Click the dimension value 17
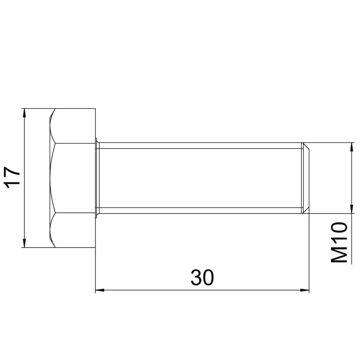(x=12, y=178)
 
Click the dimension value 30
(x=202, y=277)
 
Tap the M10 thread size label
(x=339, y=242)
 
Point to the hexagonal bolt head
(x=72, y=178)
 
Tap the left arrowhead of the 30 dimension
(x=100, y=290)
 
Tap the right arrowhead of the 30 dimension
(x=305, y=290)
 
